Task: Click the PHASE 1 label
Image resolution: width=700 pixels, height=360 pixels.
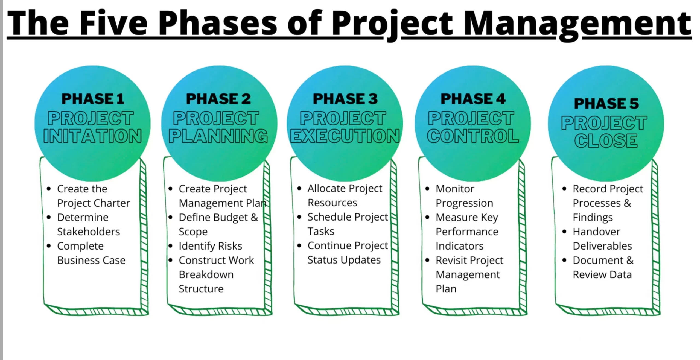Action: (93, 99)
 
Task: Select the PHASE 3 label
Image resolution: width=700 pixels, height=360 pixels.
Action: (345, 99)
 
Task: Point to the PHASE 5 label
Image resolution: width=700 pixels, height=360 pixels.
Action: (606, 103)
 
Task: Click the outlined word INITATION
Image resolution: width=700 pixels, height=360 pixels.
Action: (92, 136)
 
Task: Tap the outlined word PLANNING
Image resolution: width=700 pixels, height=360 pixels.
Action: (218, 136)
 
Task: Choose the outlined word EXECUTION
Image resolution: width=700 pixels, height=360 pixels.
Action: (345, 136)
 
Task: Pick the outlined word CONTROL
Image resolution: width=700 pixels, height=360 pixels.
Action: (473, 136)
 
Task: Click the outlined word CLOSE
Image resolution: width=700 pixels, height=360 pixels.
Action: (606, 141)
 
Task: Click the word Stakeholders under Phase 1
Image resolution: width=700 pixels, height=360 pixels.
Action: (89, 232)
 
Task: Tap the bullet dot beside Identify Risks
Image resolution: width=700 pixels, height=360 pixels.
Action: (170, 246)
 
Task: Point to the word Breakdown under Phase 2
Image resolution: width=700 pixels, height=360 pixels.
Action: (206, 274)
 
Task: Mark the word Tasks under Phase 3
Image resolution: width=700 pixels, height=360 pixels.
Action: (321, 231)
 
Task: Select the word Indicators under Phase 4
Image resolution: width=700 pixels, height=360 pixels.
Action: (460, 246)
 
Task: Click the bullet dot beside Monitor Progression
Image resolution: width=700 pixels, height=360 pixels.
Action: (427, 189)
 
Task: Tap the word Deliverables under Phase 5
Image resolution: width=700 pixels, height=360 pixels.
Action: (602, 246)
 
